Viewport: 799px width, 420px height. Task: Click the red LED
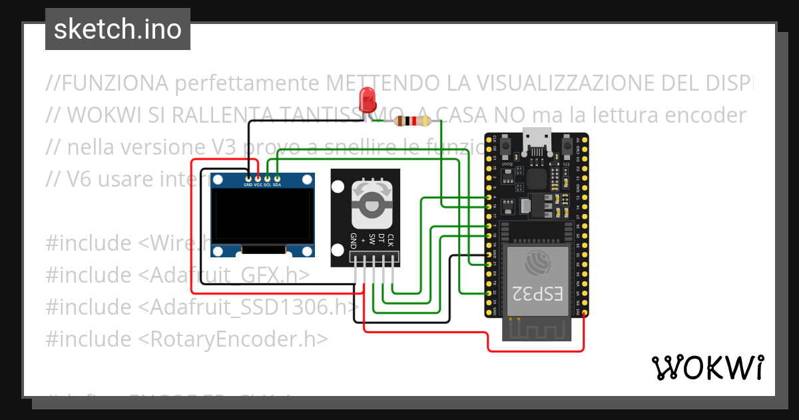[367, 99]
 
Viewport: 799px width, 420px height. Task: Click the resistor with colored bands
[413, 121]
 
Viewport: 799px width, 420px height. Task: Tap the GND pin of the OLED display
[248, 178]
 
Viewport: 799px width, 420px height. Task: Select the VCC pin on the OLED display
[257, 178]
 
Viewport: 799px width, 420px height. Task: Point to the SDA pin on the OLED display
[277, 178]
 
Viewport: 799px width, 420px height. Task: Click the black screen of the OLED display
[262, 217]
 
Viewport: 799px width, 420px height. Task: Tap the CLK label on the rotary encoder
[392, 240]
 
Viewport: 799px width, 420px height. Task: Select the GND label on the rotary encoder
[354, 241]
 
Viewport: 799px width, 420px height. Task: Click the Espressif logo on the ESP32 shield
[538, 263]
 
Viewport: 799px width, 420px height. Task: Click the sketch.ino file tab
[118, 29]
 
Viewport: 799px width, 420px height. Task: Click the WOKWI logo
[707, 367]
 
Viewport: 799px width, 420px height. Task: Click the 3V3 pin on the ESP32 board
[584, 313]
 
